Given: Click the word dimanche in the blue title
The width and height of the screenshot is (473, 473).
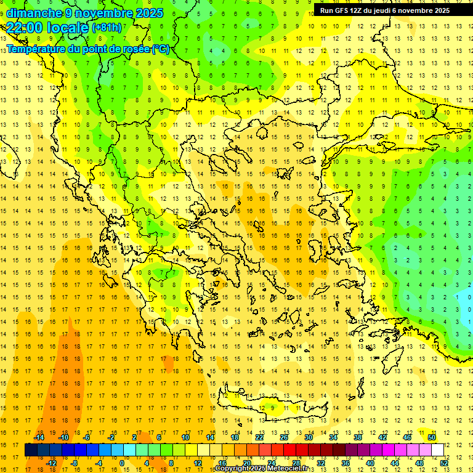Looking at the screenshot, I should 33,13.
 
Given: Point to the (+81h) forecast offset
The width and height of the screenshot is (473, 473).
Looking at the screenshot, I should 107,28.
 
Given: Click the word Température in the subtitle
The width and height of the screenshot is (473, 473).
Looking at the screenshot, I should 39,49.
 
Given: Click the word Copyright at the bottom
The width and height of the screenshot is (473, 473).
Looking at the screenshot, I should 232,469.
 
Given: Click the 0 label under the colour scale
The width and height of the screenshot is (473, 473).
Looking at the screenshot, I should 122,463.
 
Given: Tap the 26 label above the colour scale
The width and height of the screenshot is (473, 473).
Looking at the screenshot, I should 284,437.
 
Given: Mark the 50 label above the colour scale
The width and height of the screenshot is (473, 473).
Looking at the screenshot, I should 431,437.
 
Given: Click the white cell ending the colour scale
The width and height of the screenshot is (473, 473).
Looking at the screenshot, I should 437,450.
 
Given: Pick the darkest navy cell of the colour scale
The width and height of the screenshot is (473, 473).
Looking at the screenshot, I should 31,450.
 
